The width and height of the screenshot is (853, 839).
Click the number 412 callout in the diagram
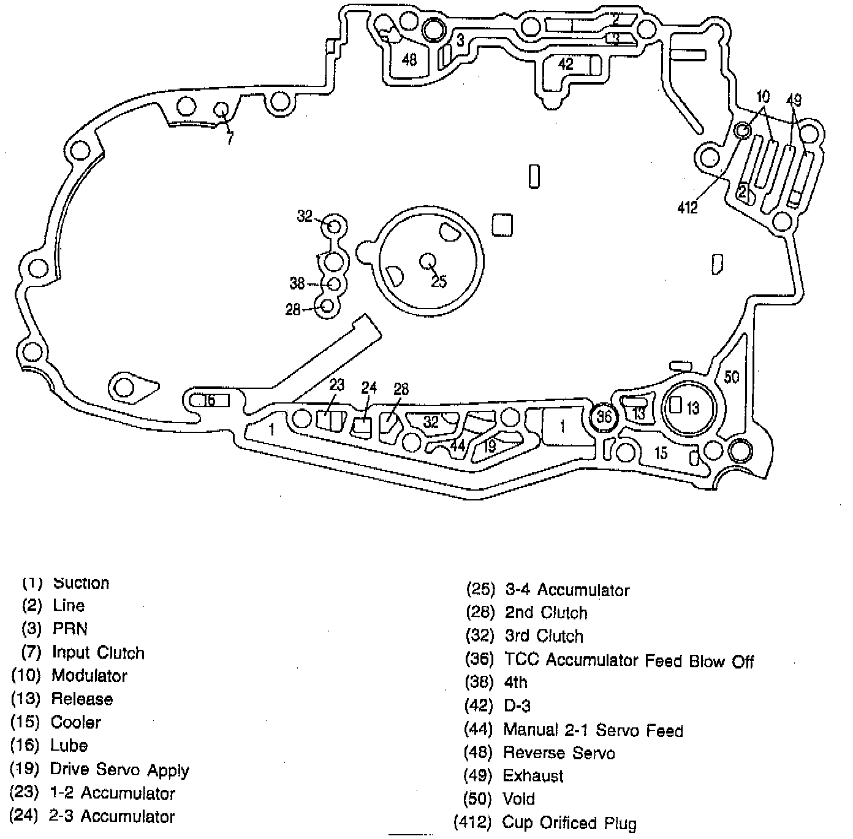(687, 208)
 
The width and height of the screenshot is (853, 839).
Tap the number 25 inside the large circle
(439, 282)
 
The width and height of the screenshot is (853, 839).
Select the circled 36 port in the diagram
(604, 417)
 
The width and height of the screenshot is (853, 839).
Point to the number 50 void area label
(732, 377)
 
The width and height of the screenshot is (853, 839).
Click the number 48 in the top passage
(409, 59)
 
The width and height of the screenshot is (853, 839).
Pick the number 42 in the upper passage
(565, 64)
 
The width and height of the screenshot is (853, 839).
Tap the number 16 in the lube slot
(208, 400)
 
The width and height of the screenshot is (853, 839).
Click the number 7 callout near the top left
(230, 139)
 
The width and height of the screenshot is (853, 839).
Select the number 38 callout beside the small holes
(297, 283)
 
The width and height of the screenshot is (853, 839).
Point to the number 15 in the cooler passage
(661, 453)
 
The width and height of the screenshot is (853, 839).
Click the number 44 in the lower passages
(458, 445)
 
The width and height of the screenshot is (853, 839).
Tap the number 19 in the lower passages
(489, 446)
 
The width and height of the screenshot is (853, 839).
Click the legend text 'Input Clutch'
(98, 653)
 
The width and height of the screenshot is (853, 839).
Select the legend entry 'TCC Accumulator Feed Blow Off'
(629, 661)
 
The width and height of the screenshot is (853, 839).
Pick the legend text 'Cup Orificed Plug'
(569, 823)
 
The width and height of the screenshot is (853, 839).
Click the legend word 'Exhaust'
(533, 776)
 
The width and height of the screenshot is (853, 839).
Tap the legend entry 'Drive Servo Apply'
(119, 770)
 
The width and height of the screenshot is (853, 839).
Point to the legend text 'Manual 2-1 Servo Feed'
(593, 730)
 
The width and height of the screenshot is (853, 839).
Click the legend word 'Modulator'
(89, 676)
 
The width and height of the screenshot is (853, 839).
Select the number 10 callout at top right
(763, 96)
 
